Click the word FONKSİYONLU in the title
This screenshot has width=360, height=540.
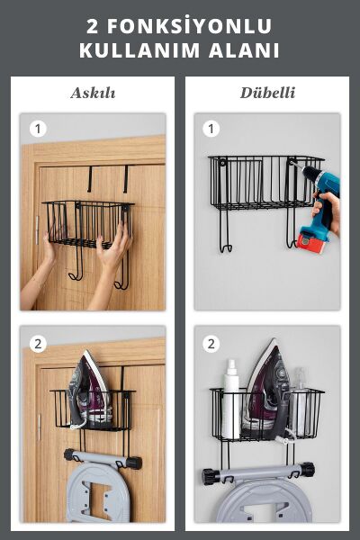coord(189,26)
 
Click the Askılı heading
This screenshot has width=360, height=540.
coord(93,93)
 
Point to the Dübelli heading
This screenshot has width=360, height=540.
coord(267,93)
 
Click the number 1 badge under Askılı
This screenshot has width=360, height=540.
coord(38,129)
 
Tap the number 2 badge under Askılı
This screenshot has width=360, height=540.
coord(38,344)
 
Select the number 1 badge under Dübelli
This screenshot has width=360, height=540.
coord(211,129)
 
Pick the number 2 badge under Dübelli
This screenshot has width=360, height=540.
coord(211,344)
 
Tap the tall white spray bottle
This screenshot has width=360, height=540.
coord(230,400)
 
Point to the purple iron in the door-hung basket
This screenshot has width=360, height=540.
coord(89,390)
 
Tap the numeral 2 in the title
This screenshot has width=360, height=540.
coord(92,26)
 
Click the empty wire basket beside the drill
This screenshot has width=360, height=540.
coord(265,184)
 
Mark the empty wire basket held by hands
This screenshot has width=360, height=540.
coord(88,224)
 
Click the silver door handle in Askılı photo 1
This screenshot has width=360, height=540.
coord(37,230)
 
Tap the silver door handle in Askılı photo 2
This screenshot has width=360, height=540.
coord(40,427)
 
